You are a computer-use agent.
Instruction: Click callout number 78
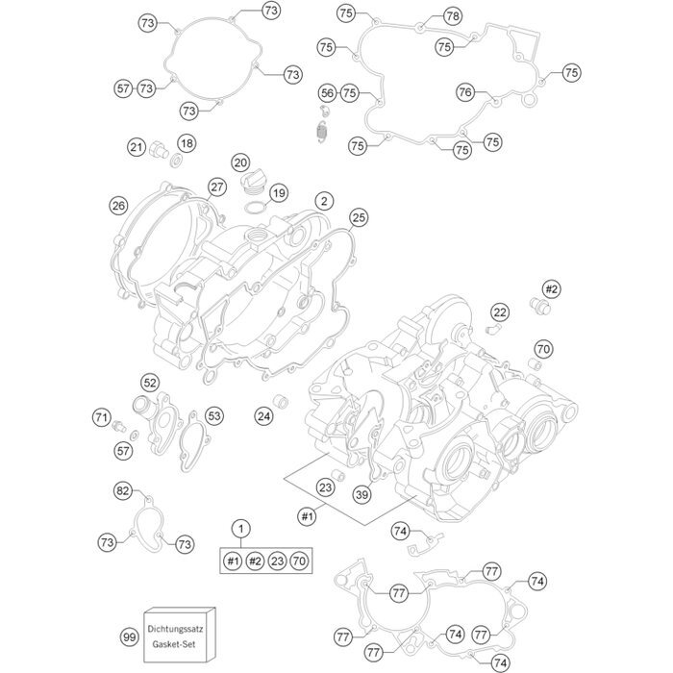(x=453, y=15)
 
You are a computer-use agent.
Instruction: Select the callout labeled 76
(x=465, y=92)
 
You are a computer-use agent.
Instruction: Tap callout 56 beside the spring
(x=328, y=92)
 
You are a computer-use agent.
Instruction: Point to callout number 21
(x=137, y=147)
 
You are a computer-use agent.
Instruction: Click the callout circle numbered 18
(x=186, y=143)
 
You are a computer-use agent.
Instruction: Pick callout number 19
(x=279, y=193)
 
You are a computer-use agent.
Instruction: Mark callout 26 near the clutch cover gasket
(x=118, y=206)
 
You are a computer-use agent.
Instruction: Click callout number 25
(x=358, y=217)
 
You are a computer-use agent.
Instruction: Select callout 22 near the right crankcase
(x=500, y=312)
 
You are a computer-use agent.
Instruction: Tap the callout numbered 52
(x=150, y=383)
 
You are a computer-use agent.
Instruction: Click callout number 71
(x=101, y=417)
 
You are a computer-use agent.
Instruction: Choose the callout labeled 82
(x=123, y=491)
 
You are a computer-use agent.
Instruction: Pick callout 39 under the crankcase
(x=361, y=494)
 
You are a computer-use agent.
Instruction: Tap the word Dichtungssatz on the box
(x=180, y=628)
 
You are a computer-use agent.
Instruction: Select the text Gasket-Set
(x=180, y=646)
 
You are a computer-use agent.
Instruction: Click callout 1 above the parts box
(x=241, y=528)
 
